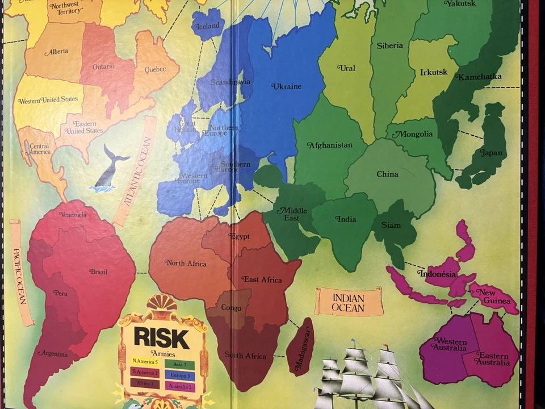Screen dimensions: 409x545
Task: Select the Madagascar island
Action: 301,347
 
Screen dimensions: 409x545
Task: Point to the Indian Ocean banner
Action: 348,302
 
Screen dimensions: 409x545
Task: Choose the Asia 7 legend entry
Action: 179,364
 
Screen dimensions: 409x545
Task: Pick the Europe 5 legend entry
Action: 179,375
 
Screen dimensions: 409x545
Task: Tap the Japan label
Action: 491,152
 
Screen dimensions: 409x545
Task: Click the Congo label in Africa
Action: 231,307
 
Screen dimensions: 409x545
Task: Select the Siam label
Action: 391,225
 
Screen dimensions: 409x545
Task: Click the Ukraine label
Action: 287,86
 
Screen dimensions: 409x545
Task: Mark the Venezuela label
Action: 73,215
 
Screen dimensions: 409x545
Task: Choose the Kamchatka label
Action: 480,77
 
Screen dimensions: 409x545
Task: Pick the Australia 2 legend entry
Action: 179,386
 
